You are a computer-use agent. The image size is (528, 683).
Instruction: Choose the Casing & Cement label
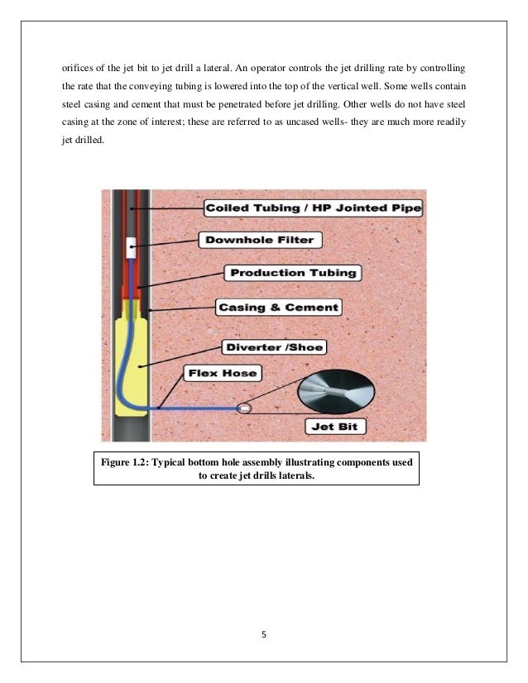pyautogui.click(x=277, y=307)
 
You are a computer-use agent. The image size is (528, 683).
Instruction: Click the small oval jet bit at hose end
pyautogui.click(x=244, y=408)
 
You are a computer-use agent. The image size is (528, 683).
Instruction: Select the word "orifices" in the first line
pyautogui.click(x=79, y=64)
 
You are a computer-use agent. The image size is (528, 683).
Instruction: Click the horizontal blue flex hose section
pyautogui.click(x=199, y=408)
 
